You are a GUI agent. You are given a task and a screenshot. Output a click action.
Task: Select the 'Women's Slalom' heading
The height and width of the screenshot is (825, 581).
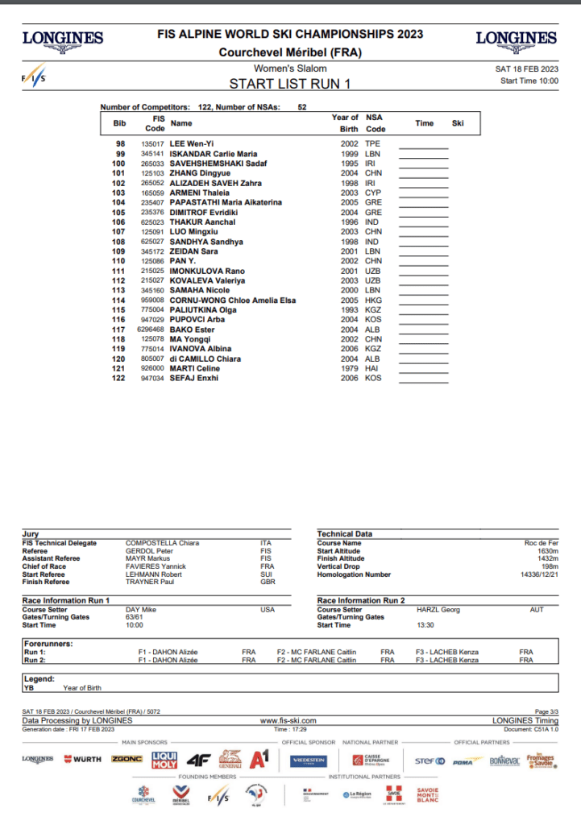click(290, 68)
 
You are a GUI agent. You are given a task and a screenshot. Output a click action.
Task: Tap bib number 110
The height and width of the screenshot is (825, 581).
click(118, 261)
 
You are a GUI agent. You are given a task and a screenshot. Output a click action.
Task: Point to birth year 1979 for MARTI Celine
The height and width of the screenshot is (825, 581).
click(349, 368)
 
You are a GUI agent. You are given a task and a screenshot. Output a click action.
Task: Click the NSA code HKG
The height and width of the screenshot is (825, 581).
click(373, 300)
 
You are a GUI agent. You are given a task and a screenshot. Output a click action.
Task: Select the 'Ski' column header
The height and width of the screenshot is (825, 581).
click(458, 123)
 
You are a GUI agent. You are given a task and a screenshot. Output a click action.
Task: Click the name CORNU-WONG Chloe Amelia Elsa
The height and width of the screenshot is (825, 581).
click(233, 300)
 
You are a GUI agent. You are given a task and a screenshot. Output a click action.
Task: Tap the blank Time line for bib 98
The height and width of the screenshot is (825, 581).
click(424, 145)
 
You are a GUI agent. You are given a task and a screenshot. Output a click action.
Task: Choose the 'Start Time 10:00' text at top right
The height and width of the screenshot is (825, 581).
click(529, 81)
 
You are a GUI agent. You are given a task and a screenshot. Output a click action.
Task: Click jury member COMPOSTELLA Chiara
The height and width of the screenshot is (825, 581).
click(162, 543)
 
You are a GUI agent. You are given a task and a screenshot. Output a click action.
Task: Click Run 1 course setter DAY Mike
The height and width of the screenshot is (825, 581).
click(141, 609)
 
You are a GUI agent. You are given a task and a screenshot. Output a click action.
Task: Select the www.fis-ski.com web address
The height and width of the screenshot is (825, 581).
click(288, 720)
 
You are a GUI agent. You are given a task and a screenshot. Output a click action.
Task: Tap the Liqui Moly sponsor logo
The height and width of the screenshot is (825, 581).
click(164, 760)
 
